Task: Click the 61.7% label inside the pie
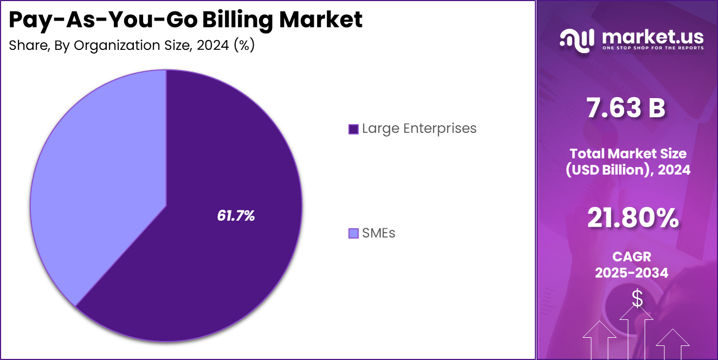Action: point(236,216)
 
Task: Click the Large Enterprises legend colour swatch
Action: point(353,129)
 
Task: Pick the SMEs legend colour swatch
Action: point(353,234)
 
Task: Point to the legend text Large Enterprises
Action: point(419,128)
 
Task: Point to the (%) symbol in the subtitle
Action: point(244,46)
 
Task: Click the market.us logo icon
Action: point(577,40)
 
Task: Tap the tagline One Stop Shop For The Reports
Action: point(652,48)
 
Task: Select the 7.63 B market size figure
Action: point(626,108)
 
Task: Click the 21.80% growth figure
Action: point(632,218)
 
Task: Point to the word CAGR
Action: point(631,256)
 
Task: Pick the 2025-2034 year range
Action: point(631,273)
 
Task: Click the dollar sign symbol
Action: point(637,298)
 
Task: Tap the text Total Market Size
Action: point(628,153)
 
